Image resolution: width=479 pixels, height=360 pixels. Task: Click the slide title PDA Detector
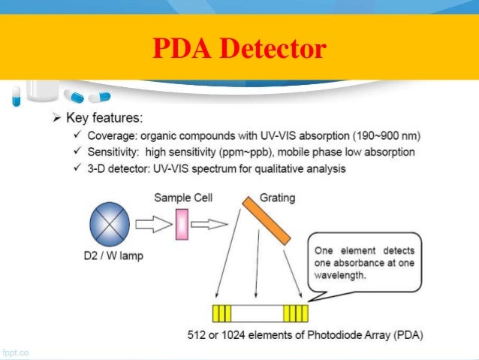[x=239, y=49]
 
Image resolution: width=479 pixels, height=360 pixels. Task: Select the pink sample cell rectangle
[x=181, y=225]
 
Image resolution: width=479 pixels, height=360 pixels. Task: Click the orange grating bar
[x=266, y=220]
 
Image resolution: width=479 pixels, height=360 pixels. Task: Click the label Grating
[x=277, y=198]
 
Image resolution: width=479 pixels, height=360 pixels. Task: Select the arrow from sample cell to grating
[x=210, y=224]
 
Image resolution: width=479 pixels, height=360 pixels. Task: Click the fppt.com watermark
[x=15, y=351]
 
